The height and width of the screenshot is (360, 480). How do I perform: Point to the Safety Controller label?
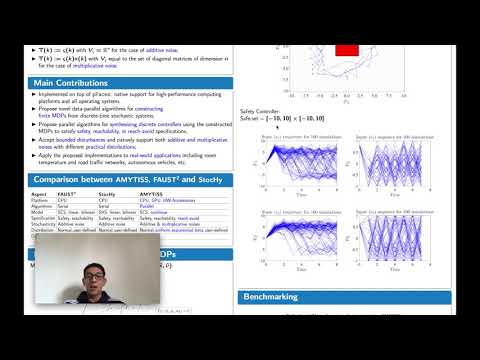point(261,111)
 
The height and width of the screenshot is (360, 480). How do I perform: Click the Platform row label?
point(42,198)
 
